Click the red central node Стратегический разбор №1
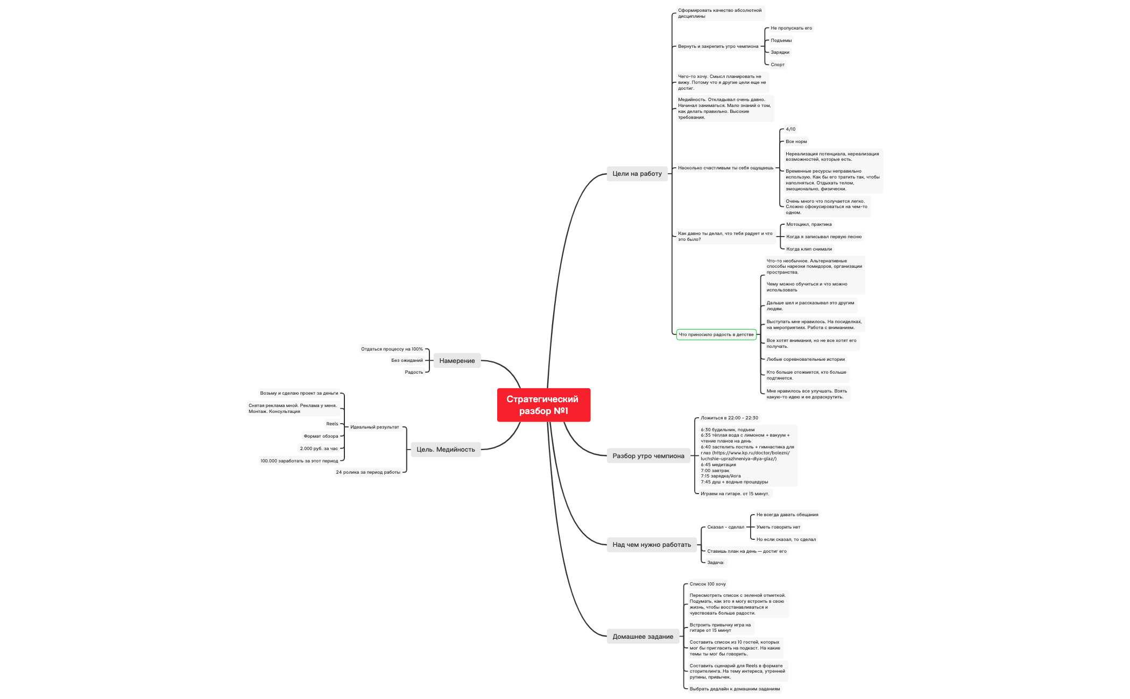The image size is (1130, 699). [x=543, y=405]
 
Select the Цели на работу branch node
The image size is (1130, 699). [x=637, y=174]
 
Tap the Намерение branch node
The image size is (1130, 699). [x=457, y=361]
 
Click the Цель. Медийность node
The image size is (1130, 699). [x=446, y=450]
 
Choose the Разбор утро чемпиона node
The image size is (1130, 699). [x=648, y=456]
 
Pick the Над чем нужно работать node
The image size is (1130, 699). [x=651, y=545]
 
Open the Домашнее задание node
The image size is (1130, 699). [x=642, y=637]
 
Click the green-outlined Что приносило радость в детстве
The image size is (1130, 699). [x=716, y=334]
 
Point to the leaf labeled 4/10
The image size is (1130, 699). [x=790, y=129]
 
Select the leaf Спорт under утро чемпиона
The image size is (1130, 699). [x=778, y=65]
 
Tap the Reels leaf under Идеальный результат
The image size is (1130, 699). [x=332, y=424]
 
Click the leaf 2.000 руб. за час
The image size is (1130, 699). [x=319, y=448]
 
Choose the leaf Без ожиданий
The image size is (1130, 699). [x=407, y=360]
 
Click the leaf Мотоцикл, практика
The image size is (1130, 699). [x=809, y=224]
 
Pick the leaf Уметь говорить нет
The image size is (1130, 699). [x=778, y=527]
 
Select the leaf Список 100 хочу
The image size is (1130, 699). [x=708, y=584]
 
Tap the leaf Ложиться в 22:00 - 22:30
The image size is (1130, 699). [x=729, y=418]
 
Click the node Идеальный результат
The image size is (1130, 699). [x=375, y=427]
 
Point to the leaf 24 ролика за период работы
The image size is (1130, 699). [x=368, y=472]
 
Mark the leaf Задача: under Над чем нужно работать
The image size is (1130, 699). [x=716, y=562]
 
